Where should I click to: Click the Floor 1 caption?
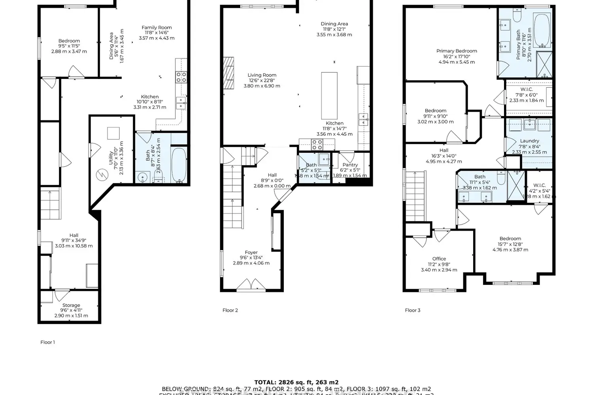coord(47,342)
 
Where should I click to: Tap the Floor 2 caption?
coord(230,310)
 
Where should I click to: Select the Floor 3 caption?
coord(412,310)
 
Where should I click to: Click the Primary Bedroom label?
coord(457,51)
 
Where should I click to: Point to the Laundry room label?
coord(529,141)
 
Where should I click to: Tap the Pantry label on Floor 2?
coord(350,165)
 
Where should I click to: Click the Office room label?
coord(439,259)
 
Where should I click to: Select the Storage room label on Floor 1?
coord(71,305)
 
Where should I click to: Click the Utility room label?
coord(111,152)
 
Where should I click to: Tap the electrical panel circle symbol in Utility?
coord(102,174)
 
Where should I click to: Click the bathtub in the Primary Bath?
coord(542,30)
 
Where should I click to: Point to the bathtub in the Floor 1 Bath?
coord(179,165)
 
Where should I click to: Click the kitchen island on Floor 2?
coord(329,96)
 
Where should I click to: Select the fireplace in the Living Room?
coord(229,74)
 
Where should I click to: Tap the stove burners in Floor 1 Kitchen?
coord(181,77)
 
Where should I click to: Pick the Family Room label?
coord(157,28)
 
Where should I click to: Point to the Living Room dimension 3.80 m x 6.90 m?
coord(262,86)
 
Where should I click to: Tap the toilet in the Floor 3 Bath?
coord(501,179)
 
